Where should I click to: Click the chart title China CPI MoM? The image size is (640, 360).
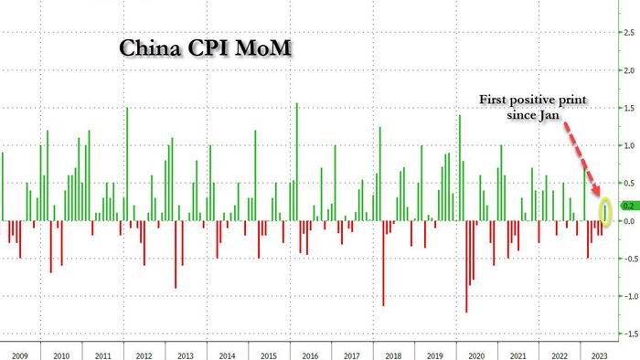click(x=206, y=48)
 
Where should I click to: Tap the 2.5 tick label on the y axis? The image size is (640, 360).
click(x=629, y=32)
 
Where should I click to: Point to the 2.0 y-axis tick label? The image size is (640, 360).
click(x=629, y=70)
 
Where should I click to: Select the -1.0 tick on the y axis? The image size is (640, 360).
click(x=630, y=296)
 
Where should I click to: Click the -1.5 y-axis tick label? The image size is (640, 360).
click(x=630, y=334)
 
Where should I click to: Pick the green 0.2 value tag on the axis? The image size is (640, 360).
click(x=629, y=206)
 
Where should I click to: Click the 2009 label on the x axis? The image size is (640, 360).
click(x=19, y=356)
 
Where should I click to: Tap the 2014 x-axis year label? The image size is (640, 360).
click(x=227, y=356)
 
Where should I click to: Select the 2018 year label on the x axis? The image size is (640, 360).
click(x=393, y=356)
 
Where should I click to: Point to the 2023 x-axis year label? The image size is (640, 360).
click(x=599, y=356)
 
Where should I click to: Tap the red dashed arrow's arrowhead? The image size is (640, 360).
click(x=596, y=189)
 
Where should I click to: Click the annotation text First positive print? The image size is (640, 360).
click(x=533, y=101)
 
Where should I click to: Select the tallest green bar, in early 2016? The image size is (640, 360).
click(x=297, y=162)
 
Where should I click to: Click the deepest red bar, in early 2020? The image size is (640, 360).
click(x=466, y=267)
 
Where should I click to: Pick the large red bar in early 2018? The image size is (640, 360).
click(x=383, y=263)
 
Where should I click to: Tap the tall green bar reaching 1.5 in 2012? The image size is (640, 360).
click(x=127, y=164)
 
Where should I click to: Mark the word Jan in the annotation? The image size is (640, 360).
click(x=549, y=115)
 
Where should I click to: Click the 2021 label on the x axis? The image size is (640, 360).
click(x=517, y=356)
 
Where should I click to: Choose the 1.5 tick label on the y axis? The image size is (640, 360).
click(x=629, y=108)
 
